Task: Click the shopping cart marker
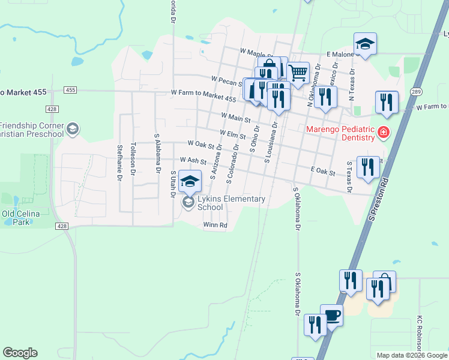click(298, 74)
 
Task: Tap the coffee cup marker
click(331, 315)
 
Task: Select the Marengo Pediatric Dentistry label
click(340, 133)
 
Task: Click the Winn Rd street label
click(215, 226)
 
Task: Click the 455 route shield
click(71, 90)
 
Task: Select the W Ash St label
click(193, 161)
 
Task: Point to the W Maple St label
click(256, 53)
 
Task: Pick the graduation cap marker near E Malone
click(364, 44)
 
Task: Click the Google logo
click(20, 353)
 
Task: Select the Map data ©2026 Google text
click(411, 355)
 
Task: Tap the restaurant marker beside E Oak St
click(368, 166)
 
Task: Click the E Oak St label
click(323, 172)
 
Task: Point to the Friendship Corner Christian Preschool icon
click(73, 129)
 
